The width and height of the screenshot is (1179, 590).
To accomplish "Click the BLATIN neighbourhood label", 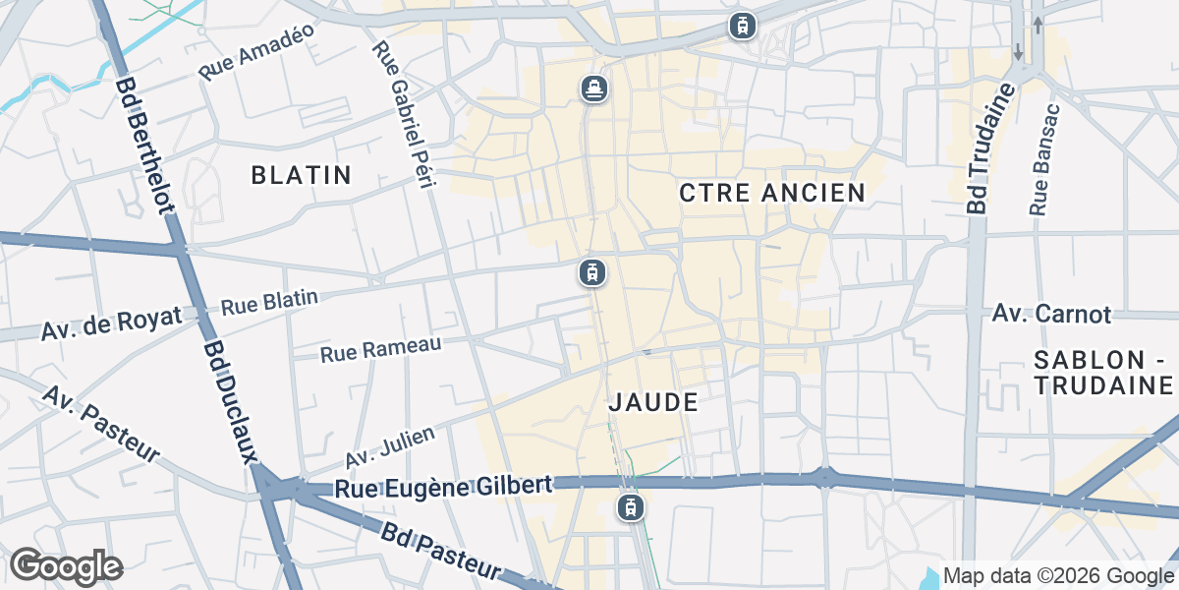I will pos(301,175).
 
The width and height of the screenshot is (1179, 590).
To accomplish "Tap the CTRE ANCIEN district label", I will pos(772,193).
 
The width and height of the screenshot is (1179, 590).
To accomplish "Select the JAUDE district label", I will pos(653,401).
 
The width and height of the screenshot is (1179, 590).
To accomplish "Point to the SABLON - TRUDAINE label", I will pos(1104,372).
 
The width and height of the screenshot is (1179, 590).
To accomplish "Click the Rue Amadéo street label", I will pos(255,51).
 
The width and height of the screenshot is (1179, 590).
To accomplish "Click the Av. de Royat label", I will pos(111,323).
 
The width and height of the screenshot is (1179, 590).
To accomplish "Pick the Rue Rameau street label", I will pos(380,347).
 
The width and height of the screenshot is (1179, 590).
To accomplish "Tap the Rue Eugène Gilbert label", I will pos(442,487).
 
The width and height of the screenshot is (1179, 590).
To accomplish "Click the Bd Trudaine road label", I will pos(989,149).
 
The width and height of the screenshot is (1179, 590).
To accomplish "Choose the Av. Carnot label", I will pos(1051,314).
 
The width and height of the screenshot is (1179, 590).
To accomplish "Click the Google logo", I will pos(66,565).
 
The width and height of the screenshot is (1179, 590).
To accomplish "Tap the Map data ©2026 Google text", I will pos(1058,575).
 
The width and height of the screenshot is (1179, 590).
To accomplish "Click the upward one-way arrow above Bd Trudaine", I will pos(1038,24).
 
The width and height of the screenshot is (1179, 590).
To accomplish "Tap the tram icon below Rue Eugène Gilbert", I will pos(630,507).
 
